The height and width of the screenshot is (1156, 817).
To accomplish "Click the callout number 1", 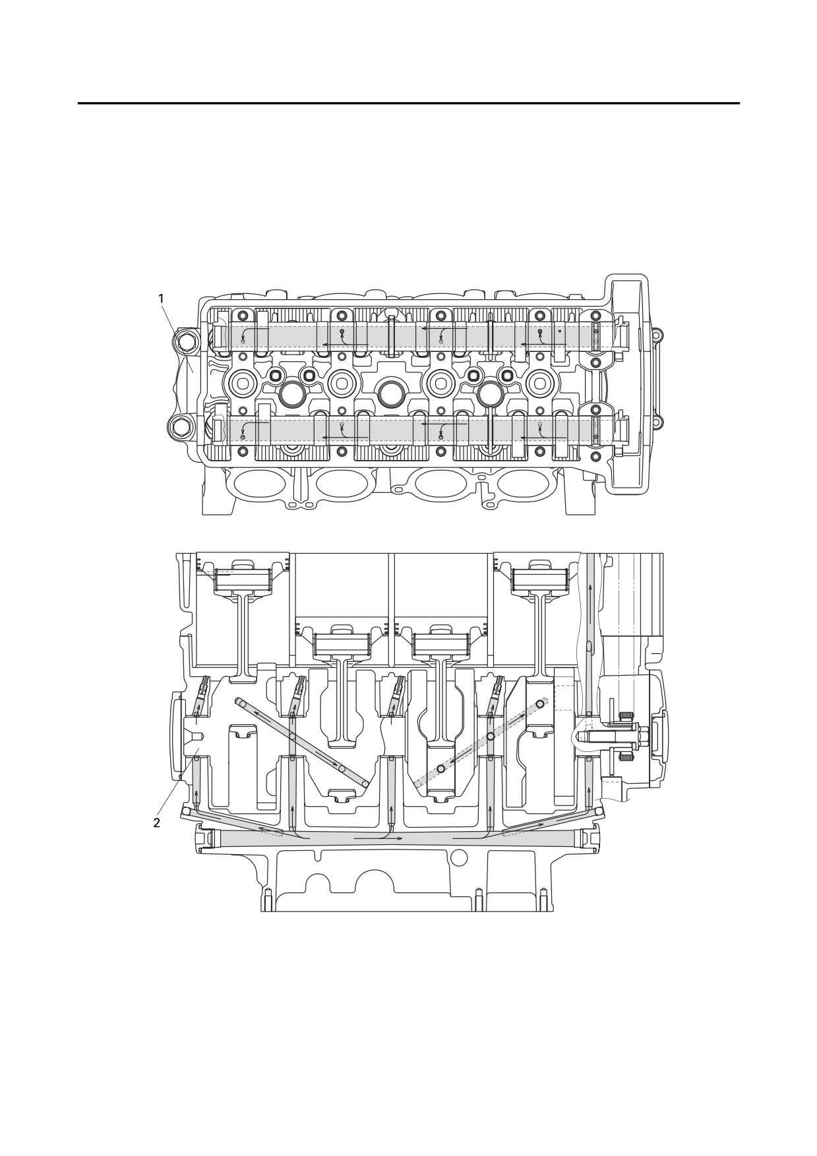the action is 161,299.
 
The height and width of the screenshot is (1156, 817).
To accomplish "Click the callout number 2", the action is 156,823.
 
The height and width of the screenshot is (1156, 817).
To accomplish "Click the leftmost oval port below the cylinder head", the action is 256,484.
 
